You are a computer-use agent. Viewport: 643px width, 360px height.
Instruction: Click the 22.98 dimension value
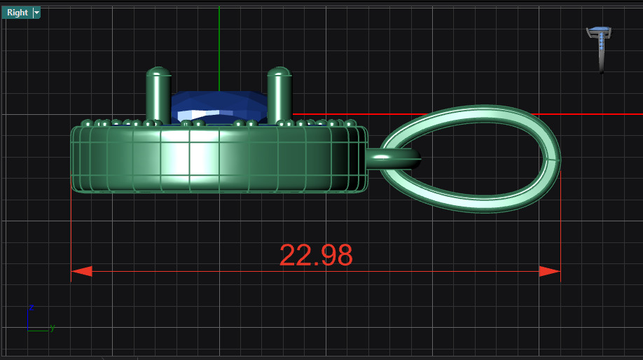[x=316, y=256]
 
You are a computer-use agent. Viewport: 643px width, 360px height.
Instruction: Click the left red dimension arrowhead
[x=81, y=271]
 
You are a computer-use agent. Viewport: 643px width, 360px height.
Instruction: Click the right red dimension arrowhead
[x=550, y=271]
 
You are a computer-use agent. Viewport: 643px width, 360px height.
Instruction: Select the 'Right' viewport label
[x=17, y=13]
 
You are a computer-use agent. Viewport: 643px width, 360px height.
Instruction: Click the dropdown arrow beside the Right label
[x=36, y=13]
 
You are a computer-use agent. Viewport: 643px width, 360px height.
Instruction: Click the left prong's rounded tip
[x=158, y=71]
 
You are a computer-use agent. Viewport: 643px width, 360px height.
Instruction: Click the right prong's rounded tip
[x=279, y=71]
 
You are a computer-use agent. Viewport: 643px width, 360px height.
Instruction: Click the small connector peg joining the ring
[x=392, y=158]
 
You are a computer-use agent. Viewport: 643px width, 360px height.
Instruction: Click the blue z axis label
[x=32, y=307]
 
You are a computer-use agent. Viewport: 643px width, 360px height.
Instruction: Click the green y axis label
[x=53, y=328]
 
